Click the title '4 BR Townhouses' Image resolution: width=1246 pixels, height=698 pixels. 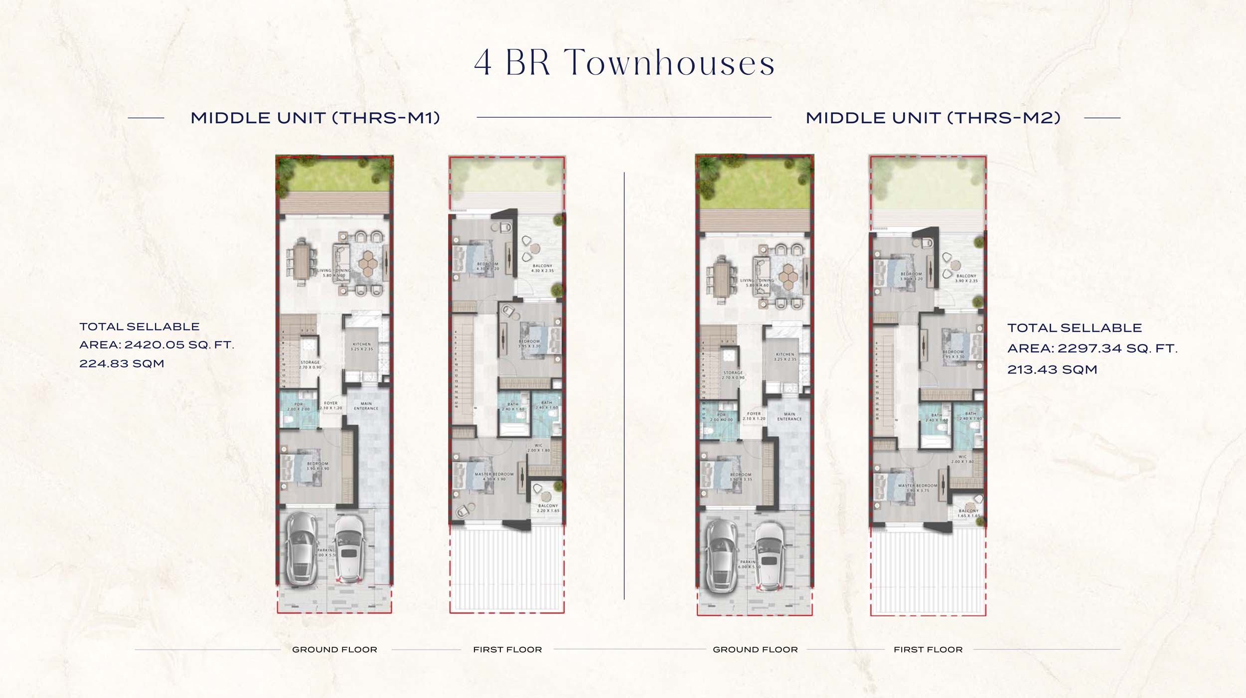click(x=624, y=63)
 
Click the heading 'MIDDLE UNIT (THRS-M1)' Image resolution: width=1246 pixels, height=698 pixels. click(x=315, y=118)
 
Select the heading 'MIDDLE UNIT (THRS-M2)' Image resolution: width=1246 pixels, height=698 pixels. click(x=933, y=118)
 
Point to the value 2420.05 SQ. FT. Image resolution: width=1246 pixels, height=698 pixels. click(x=179, y=345)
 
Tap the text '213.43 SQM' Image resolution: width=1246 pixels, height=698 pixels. click(x=1052, y=370)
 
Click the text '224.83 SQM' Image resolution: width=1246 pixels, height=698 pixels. click(x=122, y=364)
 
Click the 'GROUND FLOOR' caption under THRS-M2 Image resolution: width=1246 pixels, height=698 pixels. click(x=755, y=650)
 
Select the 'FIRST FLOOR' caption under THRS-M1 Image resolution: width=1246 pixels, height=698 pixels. click(x=507, y=650)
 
